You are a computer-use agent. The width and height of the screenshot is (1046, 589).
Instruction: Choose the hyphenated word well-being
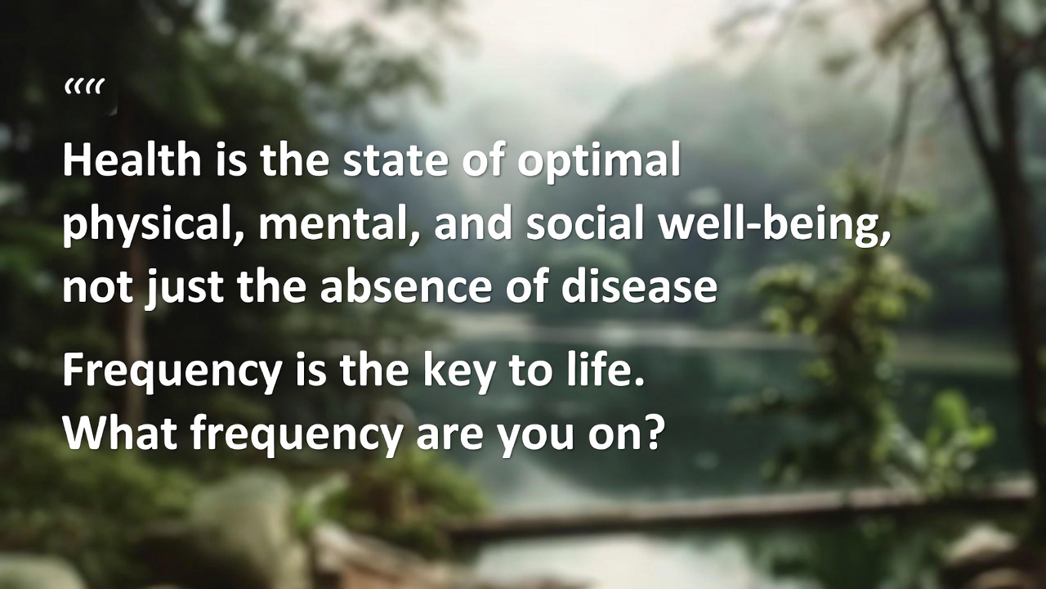(773, 225)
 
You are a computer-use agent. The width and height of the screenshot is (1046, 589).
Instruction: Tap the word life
(606, 371)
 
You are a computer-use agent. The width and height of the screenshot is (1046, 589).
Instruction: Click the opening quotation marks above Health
(84, 87)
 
